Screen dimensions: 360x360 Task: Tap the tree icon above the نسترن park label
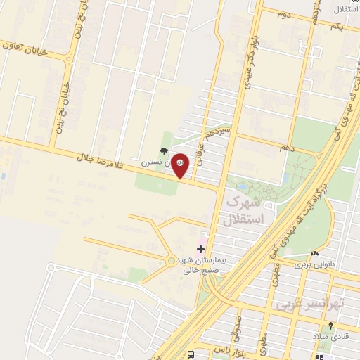(x=164, y=150)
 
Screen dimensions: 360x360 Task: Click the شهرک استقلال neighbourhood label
(x=243, y=210)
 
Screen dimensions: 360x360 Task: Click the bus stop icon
(x=191, y=354)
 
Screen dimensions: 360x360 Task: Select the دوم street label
(x=284, y=14)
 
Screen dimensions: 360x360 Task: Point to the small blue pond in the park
(x=243, y=187)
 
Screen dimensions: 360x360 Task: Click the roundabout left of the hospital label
(x=172, y=262)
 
